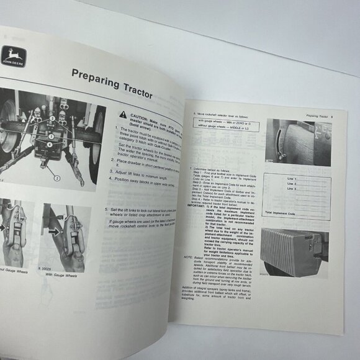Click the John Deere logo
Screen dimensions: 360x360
[x=13, y=58]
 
